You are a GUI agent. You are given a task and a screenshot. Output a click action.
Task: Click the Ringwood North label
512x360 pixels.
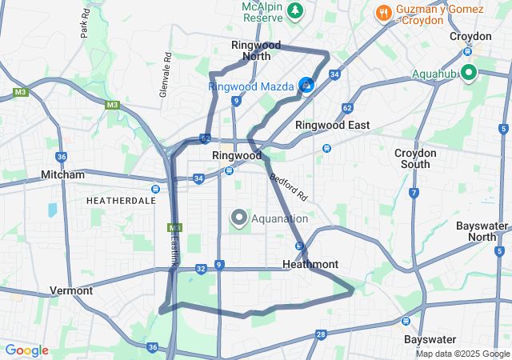[x=250, y=50]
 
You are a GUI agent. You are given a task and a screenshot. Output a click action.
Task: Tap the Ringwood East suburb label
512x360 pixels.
[x=333, y=125]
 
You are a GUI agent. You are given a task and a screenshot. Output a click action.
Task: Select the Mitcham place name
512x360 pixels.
[x=63, y=174]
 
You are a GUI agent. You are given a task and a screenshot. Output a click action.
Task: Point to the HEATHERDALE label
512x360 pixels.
[x=121, y=201]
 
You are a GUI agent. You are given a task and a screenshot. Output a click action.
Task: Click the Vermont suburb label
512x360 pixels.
[x=71, y=290]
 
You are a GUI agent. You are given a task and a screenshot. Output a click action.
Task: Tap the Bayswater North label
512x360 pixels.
[x=482, y=231]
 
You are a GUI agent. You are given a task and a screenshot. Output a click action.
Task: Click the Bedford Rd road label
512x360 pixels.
[x=289, y=186]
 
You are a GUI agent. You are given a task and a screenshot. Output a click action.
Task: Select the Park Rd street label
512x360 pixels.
[x=84, y=25]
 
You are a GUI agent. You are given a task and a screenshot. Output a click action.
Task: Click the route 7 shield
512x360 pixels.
[x=414, y=193]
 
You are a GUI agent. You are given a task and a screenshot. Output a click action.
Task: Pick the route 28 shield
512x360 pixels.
[x=321, y=334]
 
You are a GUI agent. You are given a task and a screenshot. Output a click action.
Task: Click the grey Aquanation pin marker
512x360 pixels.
[x=238, y=217]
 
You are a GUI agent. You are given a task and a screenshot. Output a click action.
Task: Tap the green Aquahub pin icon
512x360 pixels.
[x=467, y=74]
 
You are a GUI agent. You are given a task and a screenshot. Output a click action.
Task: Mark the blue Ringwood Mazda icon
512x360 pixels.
[x=306, y=85]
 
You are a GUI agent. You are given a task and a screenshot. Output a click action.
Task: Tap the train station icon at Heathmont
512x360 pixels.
[x=299, y=246]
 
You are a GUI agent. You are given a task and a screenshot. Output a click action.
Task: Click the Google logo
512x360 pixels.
[x=26, y=350]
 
